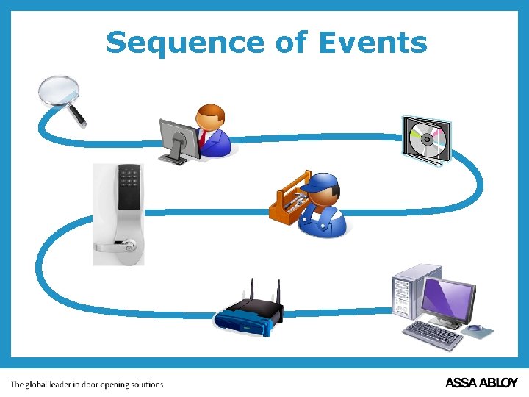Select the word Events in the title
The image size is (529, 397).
pos(373,43)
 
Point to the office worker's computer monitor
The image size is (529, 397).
pos(177,137)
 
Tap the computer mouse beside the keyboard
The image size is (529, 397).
pos(475,328)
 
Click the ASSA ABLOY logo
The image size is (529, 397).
pos(481,383)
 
